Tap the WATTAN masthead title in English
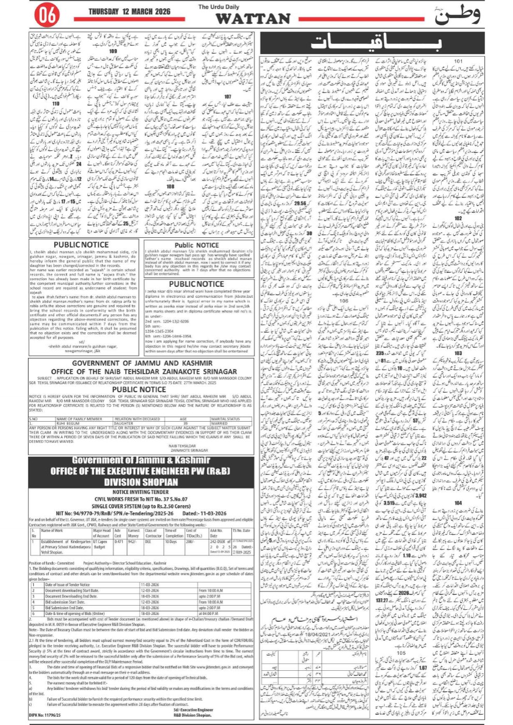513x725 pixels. tap(253, 19)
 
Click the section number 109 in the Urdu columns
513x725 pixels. tap(113, 51)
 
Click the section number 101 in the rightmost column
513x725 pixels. tap(458, 61)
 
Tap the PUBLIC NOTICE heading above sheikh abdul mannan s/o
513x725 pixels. tap(81, 244)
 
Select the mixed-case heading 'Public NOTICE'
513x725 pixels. tap(197, 245)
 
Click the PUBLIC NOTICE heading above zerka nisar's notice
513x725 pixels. tap(197, 284)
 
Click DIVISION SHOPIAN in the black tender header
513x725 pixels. tap(141, 482)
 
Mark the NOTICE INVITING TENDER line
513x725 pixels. tap(141, 492)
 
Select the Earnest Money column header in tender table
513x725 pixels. tap(133, 533)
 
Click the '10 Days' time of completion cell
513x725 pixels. tap(171, 542)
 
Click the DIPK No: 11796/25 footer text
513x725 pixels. tap(45, 715)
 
